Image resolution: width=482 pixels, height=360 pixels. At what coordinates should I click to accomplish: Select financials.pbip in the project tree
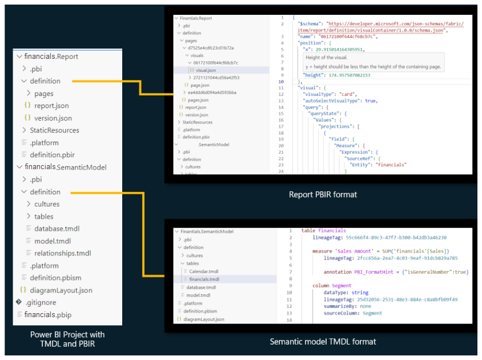tap(47, 315)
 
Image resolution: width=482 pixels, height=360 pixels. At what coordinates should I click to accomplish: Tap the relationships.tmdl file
tap(62, 253)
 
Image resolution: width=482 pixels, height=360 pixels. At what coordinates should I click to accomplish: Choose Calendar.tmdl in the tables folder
tap(204, 271)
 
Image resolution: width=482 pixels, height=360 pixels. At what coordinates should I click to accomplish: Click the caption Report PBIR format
tap(323, 194)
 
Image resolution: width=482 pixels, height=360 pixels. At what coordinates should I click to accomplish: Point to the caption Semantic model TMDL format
tap(323, 342)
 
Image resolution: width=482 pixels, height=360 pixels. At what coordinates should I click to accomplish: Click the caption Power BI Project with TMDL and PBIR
tap(67, 339)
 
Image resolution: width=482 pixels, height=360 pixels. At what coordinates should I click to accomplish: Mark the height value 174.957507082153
tap(350, 75)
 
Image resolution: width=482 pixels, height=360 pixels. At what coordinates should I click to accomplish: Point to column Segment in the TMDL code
tap(332, 285)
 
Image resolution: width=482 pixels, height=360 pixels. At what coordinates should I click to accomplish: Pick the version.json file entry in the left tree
tap(53, 118)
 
